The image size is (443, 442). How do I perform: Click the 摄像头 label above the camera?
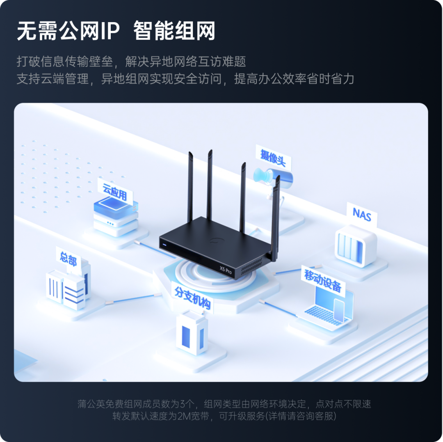point(273,157)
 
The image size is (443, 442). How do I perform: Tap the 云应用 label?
point(115,192)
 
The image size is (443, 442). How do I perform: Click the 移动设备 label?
point(322,280)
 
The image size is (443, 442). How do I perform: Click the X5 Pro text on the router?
point(226,270)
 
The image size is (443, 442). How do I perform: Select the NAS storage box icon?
point(355,245)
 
